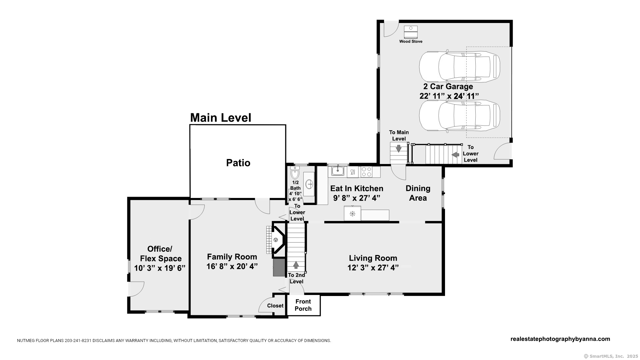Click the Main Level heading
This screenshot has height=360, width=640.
221,118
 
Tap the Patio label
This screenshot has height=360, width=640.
238,163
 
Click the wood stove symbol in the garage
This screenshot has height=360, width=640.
411,32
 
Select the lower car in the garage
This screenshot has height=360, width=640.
460,116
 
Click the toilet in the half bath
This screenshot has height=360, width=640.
295,172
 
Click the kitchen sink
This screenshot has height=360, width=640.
338,171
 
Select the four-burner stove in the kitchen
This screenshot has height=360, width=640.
367,172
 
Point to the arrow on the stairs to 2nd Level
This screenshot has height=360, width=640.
296,265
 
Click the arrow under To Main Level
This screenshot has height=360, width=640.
398,148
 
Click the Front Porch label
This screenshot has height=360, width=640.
303,305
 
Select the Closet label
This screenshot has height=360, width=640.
275,306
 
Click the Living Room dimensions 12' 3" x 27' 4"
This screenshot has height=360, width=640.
373,268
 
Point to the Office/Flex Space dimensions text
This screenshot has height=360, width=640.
160,268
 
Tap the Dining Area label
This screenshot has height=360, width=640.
418,193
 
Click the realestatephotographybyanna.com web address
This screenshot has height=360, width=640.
560,339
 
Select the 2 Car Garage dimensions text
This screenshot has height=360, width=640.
449,96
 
